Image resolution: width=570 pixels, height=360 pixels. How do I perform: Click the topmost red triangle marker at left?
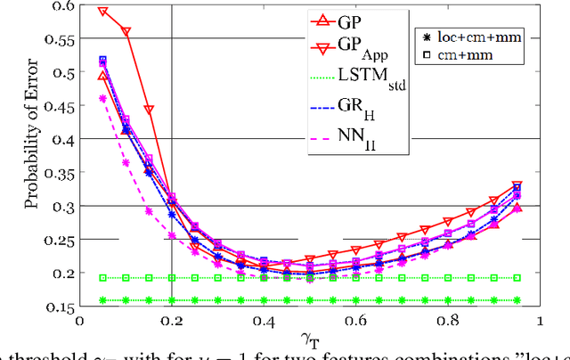point(102,12)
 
